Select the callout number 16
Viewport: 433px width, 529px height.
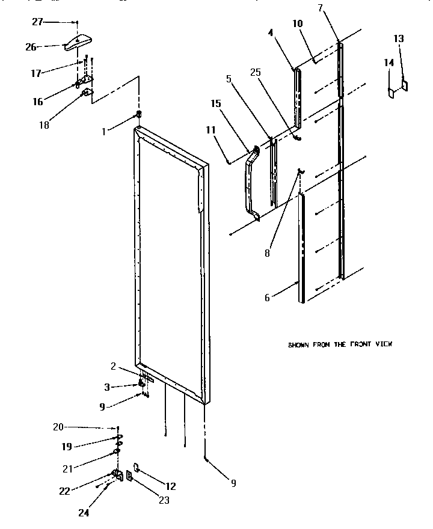point(37,102)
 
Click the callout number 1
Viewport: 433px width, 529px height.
point(104,131)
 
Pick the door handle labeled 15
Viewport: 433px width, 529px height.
point(249,183)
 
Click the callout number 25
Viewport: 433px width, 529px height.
point(256,72)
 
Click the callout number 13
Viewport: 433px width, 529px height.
point(399,38)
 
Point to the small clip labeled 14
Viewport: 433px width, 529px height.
point(392,92)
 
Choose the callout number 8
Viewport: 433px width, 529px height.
point(267,253)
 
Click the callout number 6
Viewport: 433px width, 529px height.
point(268,296)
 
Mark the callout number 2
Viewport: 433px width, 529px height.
point(112,366)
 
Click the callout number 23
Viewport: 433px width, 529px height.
point(164,500)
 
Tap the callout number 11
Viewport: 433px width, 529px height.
point(210,129)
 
